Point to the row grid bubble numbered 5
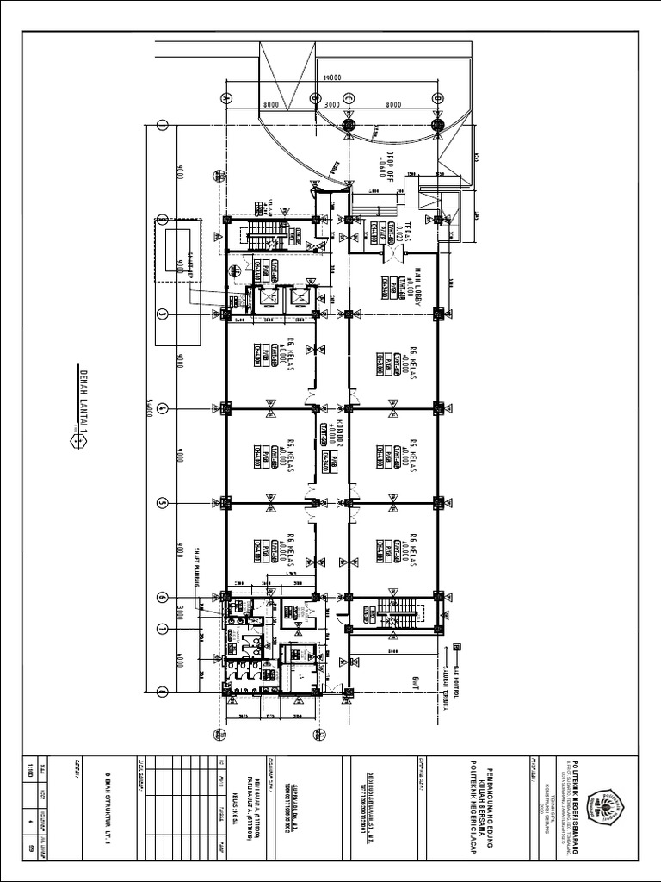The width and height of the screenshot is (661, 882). click(x=161, y=502)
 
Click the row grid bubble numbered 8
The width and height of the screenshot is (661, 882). click(x=161, y=690)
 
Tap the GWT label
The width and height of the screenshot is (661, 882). click(x=415, y=682)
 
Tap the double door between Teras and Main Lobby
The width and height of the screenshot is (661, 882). click(x=394, y=254)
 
